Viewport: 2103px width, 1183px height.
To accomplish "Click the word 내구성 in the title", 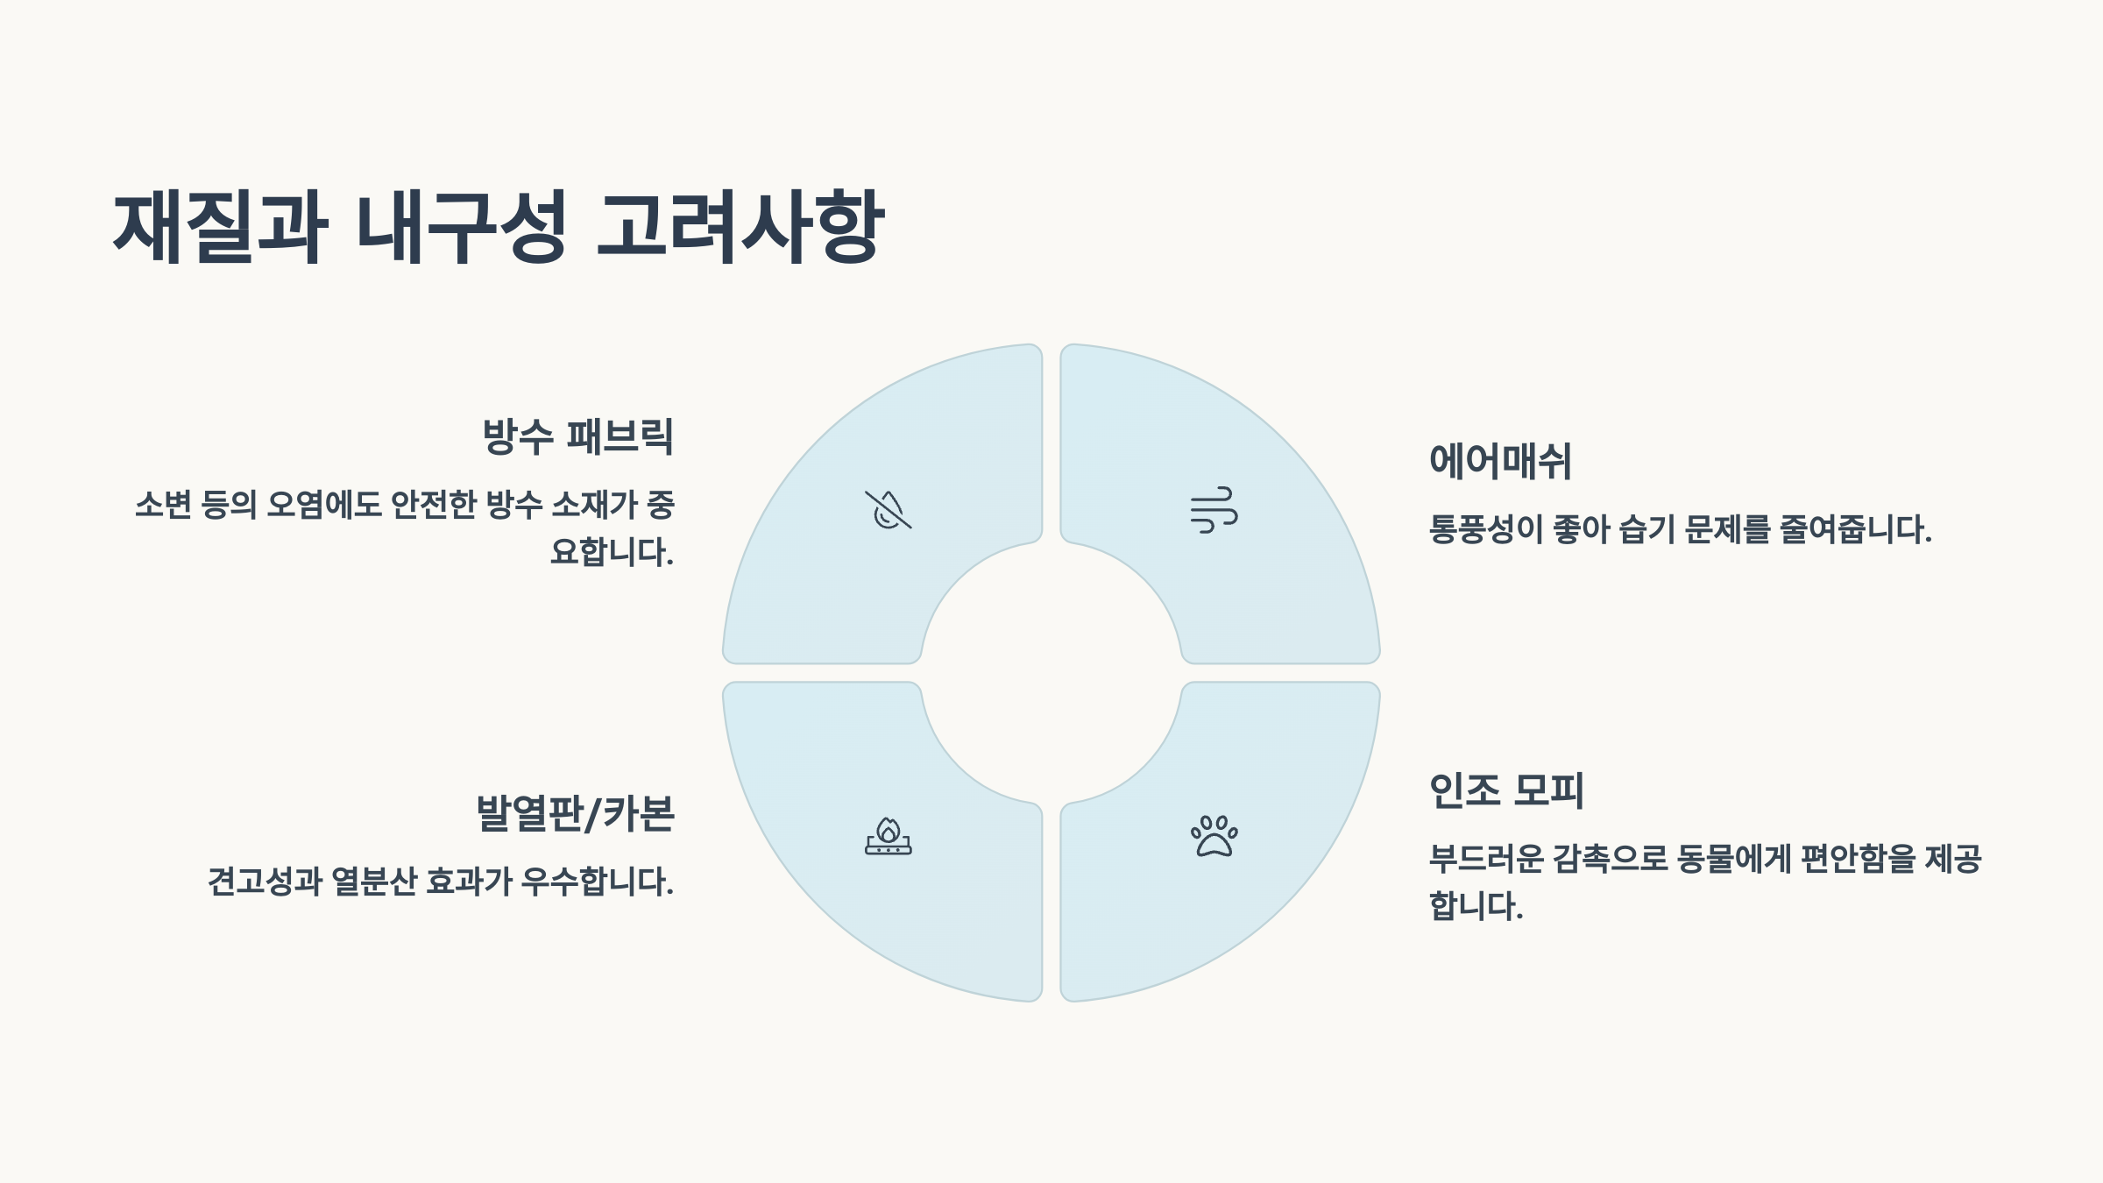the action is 462,226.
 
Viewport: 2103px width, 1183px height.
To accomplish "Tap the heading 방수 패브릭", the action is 577,436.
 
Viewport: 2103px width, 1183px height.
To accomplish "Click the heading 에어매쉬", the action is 1500,461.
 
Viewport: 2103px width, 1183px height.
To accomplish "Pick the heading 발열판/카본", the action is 575,813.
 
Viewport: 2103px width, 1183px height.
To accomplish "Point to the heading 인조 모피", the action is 1506,790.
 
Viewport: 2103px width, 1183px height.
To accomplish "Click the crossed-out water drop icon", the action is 888,510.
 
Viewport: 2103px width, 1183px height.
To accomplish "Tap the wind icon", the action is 1214,510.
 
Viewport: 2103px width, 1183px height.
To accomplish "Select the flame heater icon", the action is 888,836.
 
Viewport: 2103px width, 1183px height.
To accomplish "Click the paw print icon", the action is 1214,836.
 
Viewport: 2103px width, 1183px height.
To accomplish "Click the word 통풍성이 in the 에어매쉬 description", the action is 1485,529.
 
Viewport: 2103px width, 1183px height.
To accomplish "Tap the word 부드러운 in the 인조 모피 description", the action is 1486,859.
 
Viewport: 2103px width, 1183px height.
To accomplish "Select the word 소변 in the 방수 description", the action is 163,505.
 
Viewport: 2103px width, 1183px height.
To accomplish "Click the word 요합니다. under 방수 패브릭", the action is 612,552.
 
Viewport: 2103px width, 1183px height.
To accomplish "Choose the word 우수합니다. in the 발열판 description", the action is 598,882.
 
